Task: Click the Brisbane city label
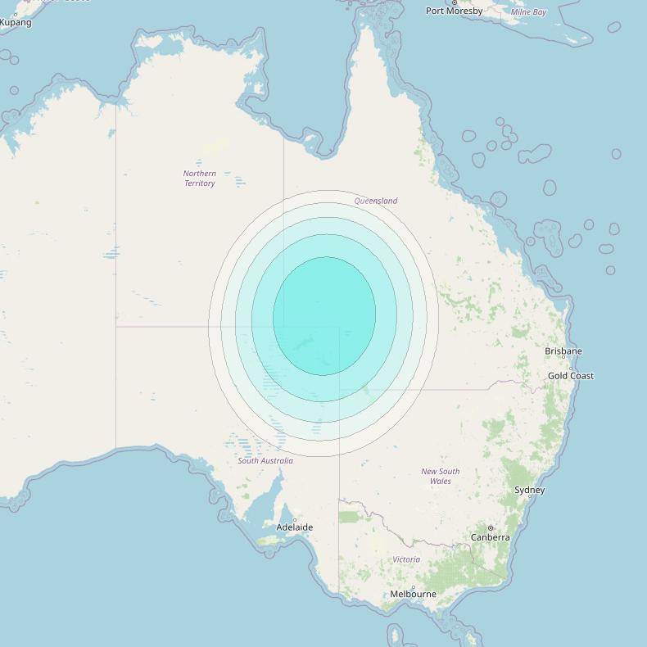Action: [x=563, y=351]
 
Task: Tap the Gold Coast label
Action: [x=571, y=376]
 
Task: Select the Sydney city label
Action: [x=530, y=490]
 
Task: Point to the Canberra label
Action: [x=491, y=537]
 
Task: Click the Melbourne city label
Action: [x=413, y=594]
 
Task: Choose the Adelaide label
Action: [x=294, y=527]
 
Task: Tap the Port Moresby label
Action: [x=454, y=11]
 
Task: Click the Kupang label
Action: [x=16, y=22]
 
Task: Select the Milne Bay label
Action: [x=528, y=12]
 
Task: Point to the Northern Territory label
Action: [x=200, y=179]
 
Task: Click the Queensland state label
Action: [x=376, y=201]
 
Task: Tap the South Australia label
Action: [x=265, y=461]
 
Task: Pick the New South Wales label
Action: [x=441, y=476]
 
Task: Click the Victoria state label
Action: [x=406, y=559]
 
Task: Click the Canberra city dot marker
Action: [x=491, y=528]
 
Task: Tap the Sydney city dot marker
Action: [x=530, y=497]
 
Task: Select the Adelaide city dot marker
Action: [x=295, y=519]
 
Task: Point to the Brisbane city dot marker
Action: [x=563, y=357]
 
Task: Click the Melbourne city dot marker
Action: [x=413, y=587]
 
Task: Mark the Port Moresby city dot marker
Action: [x=455, y=2]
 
